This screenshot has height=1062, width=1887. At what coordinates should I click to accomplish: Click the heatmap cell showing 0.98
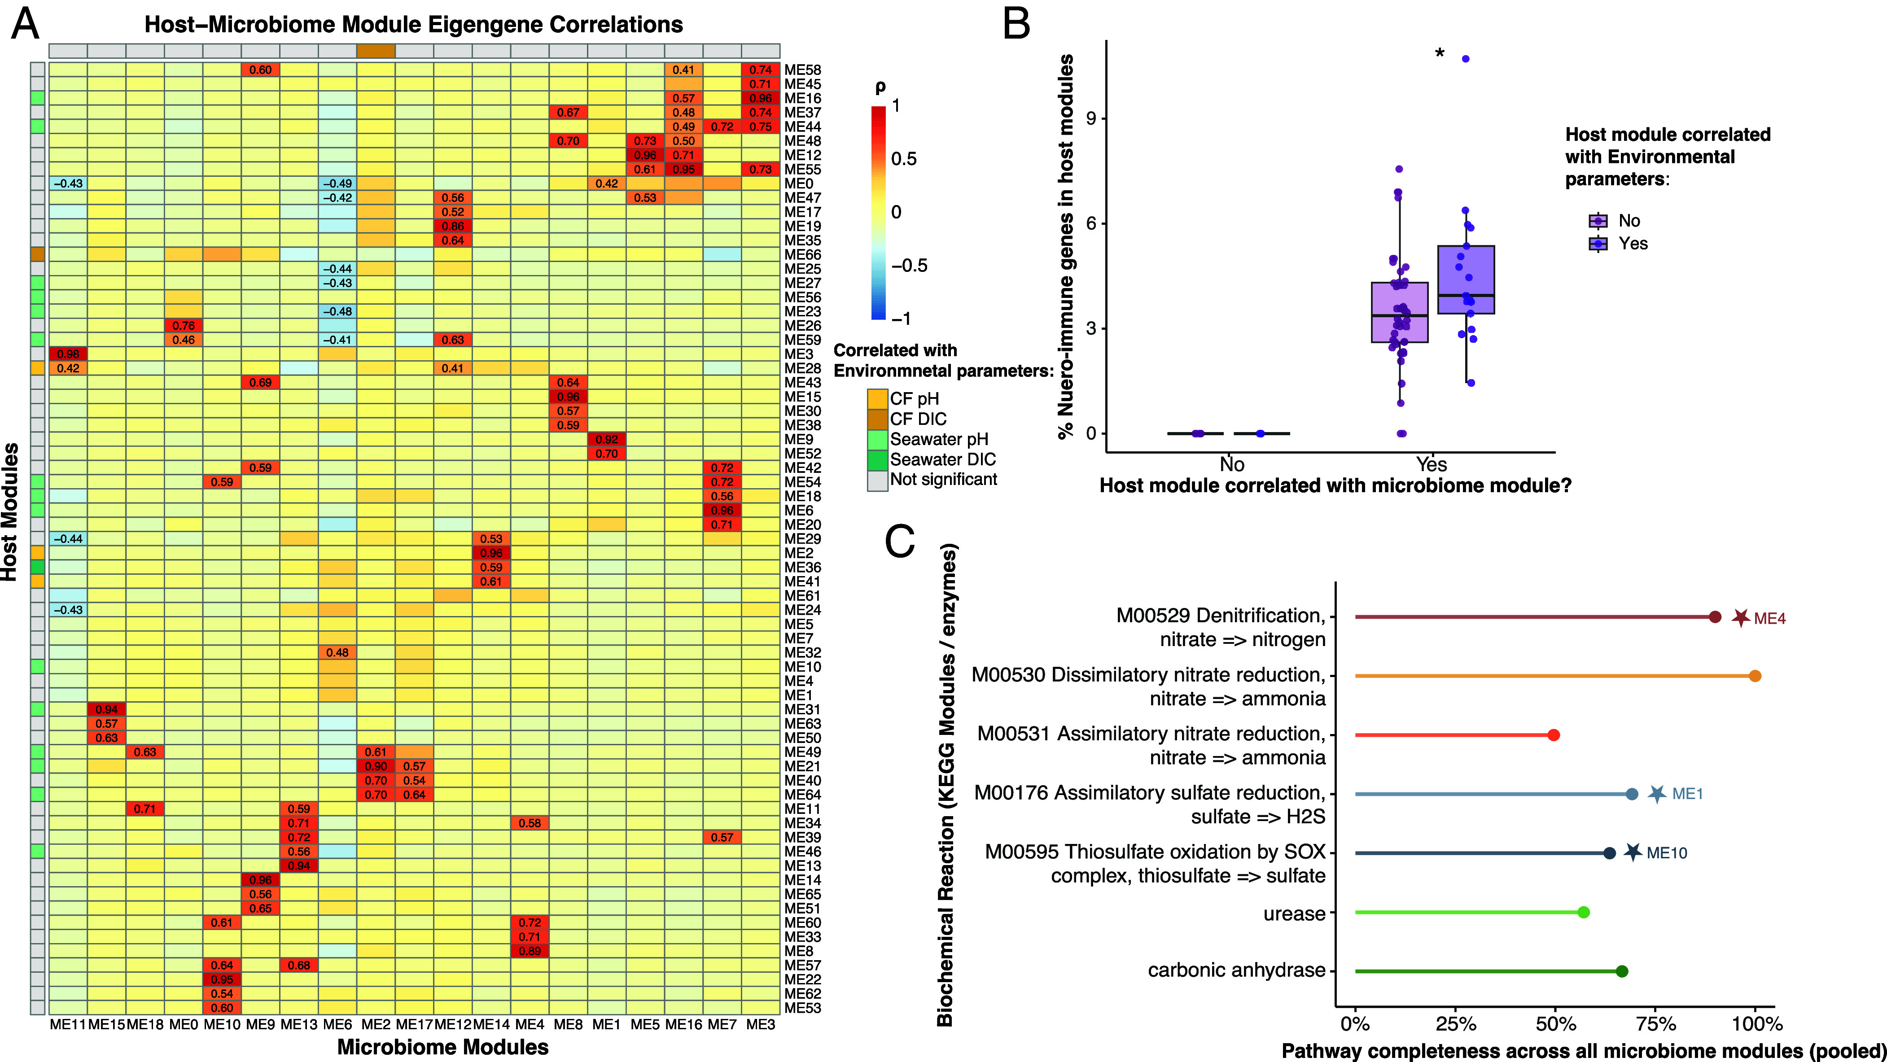pyautogui.click(x=68, y=354)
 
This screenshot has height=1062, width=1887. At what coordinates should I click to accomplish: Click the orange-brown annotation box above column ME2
pyautogui.click(x=376, y=51)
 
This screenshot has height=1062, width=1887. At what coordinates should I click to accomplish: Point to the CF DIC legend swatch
pyautogui.click(x=878, y=419)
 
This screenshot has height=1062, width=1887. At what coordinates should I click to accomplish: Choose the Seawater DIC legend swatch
pyautogui.click(x=878, y=460)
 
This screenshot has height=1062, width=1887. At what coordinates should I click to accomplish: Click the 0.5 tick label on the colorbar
pyautogui.click(x=904, y=159)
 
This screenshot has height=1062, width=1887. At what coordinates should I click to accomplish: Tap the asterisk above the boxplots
pyautogui.click(x=1440, y=53)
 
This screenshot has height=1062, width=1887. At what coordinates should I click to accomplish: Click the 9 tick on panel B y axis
pyautogui.click(x=1091, y=118)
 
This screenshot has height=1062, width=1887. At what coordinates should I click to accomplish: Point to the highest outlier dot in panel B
pyautogui.click(x=1465, y=59)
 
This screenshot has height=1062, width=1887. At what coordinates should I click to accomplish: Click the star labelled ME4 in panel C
pyautogui.click(x=1741, y=617)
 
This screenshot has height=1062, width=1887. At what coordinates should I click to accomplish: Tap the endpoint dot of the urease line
pyautogui.click(x=1583, y=912)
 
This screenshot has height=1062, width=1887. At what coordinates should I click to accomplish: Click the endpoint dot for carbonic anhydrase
pyautogui.click(x=1622, y=971)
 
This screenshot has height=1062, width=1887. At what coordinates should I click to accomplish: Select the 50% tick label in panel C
pyautogui.click(x=1555, y=1024)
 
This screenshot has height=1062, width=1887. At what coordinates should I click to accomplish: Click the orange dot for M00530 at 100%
pyautogui.click(x=1755, y=676)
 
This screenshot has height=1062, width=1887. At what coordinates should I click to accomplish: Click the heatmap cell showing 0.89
pyautogui.click(x=530, y=951)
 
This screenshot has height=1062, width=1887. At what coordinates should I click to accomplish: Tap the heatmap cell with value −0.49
pyautogui.click(x=337, y=183)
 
